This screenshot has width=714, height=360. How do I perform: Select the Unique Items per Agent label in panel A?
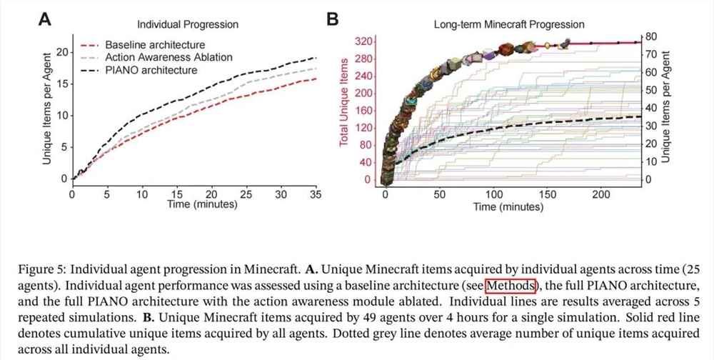[46, 114]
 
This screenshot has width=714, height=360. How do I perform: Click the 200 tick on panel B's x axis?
[602, 194]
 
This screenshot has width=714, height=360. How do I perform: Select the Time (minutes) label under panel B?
[508, 206]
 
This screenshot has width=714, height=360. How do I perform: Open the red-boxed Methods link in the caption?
[510, 286]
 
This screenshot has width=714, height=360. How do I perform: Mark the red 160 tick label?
[363, 111]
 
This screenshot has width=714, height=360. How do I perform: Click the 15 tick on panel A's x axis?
[176, 194]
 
